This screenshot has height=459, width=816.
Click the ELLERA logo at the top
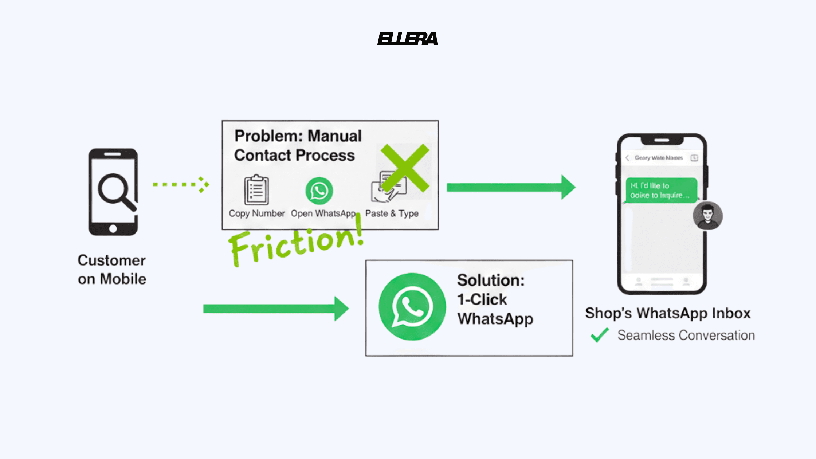click(408, 39)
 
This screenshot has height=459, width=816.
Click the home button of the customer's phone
click(113, 229)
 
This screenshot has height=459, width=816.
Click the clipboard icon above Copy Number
click(256, 190)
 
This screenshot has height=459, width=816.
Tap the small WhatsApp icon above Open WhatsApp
click(319, 191)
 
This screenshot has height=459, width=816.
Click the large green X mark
click(405, 168)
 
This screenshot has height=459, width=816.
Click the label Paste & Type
click(392, 213)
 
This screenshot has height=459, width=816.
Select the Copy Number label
click(256, 213)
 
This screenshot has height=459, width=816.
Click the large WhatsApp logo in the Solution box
click(412, 307)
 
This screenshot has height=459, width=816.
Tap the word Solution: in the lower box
click(491, 280)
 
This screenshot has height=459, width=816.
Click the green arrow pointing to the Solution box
click(275, 309)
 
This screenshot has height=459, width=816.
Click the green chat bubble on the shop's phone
click(661, 190)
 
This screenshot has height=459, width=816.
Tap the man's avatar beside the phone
click(707, 216)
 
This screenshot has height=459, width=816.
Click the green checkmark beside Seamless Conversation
click(599, 335)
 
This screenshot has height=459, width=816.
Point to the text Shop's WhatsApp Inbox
click(668, 313)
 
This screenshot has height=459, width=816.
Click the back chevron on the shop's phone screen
click(627, 158)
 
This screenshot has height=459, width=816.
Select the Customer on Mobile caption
click(112, 270)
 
